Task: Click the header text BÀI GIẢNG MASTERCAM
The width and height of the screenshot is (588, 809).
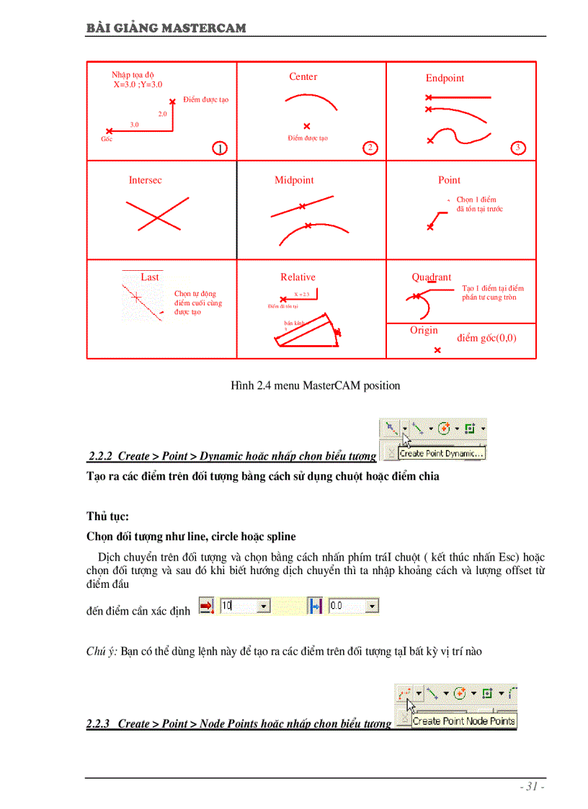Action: [166, 28]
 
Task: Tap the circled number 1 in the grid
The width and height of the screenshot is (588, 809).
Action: [220, 148]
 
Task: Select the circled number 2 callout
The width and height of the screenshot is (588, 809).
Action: [370, 148]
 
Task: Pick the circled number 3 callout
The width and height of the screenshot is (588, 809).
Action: [517, 148]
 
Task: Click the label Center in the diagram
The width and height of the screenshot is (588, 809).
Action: [303, 77]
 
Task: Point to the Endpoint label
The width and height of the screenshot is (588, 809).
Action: [445, 79]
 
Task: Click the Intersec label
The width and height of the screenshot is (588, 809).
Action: [145, 181]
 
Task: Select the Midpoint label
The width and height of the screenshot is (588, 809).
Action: [294, 181]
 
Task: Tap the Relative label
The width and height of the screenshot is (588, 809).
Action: [298, 277]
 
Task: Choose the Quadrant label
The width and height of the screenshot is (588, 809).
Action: [432, 277]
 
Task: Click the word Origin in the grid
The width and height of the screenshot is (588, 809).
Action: [424, 331]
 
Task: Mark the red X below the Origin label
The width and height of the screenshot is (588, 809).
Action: [437, 350]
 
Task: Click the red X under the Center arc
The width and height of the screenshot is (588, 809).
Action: [307, 126]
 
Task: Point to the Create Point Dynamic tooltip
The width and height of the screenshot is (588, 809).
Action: [442, 454]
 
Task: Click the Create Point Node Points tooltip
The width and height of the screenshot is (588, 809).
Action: [463, 720]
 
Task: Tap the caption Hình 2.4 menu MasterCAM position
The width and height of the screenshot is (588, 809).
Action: [315, 386]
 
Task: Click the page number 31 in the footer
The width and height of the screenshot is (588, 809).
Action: [532, 787]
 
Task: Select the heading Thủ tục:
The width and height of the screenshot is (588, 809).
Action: [107, 517]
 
